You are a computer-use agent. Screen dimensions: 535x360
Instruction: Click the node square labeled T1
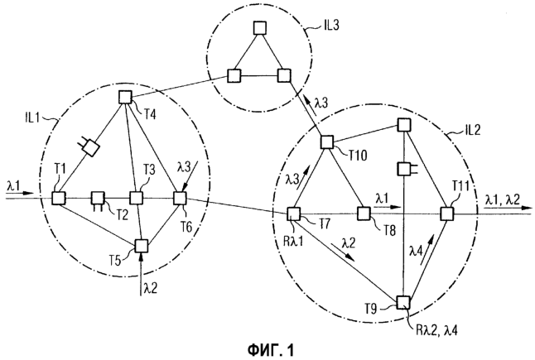59,198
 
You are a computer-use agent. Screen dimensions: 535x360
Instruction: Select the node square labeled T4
125,97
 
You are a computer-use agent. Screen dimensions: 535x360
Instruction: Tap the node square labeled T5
142,246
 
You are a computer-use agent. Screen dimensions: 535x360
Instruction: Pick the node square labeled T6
180,198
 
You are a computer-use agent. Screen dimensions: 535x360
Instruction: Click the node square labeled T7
293,214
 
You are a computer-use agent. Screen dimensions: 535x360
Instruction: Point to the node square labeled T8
364,214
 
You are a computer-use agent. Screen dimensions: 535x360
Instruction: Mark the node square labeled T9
403,302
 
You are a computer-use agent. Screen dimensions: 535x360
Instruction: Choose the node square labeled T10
327,142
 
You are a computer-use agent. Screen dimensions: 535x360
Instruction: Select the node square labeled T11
446,214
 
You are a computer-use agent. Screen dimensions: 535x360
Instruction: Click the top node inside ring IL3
260,28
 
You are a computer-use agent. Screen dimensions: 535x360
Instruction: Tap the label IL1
32,118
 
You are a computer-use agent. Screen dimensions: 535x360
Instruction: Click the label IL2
472,130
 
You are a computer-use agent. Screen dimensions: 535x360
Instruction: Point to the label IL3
331,26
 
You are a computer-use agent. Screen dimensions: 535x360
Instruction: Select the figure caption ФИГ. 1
271,350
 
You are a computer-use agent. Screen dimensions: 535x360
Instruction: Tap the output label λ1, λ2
503,199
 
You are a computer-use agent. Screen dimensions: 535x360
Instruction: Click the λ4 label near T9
416,252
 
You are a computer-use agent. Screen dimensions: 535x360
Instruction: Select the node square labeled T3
137,198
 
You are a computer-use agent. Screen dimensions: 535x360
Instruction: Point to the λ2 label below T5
151,289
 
